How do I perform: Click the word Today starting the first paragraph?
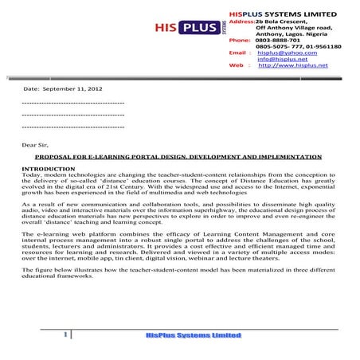click(x=31, y=175)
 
